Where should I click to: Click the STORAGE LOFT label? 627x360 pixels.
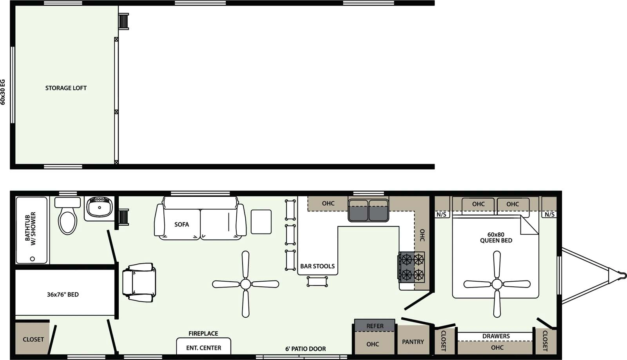(66, 88)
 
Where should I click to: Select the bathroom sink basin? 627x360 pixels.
(100, 207)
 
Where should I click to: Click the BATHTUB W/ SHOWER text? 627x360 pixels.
(30, 229)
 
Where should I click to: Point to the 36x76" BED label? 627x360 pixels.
(63, 295)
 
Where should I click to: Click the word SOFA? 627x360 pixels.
(181, 224)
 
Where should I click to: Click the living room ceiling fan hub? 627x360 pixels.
(246, 284)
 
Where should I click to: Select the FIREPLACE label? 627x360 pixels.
(203, 333)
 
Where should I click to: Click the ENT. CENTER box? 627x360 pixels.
(203, 347)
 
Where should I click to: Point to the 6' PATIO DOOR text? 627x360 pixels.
(305, 349)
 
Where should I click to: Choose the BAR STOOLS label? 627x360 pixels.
(317, 266)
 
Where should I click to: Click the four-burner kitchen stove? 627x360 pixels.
(412, 267)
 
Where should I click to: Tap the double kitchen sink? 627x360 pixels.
(368, 210)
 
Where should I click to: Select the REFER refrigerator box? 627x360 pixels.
(375, 326)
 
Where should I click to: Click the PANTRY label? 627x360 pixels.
(413, 342)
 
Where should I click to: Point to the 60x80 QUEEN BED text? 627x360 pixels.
(496, 237)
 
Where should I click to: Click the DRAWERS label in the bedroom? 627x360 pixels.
(496, 336)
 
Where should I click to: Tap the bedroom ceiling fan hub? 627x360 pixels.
(497, 284)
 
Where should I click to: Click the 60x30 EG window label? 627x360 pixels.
(3, 92)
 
